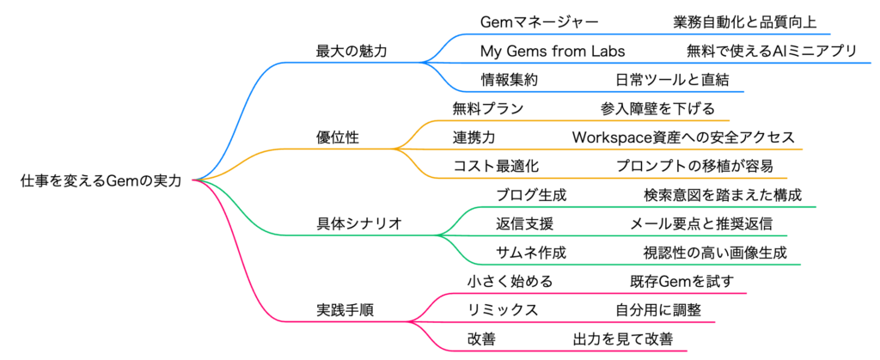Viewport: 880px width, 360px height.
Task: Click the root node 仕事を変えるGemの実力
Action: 101,180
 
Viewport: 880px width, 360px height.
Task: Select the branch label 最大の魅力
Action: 351,52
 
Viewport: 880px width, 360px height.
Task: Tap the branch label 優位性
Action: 339,137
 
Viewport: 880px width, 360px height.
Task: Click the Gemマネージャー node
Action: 539,22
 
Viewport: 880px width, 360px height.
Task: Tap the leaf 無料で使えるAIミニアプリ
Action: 772,52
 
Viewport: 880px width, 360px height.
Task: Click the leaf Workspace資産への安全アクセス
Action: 683,137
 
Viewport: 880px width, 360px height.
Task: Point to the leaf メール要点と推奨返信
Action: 701,223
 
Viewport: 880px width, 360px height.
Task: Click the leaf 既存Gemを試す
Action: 681,281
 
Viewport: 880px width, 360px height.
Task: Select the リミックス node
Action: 503,309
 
